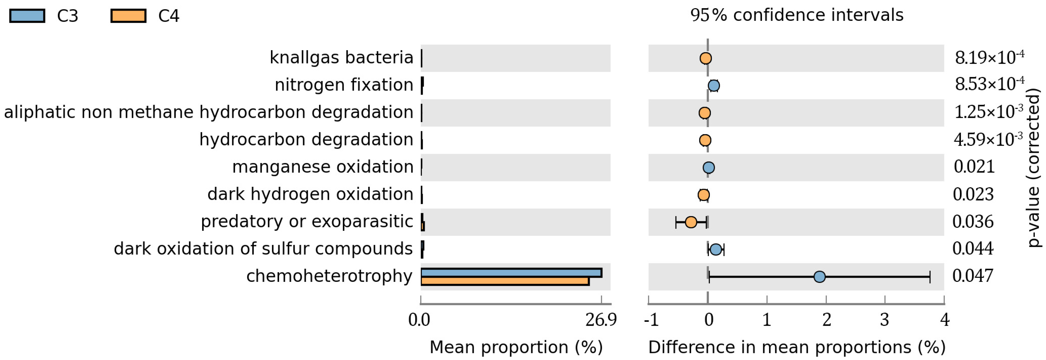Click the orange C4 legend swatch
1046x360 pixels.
(x=128, y=16)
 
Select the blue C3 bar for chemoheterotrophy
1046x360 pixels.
(x=511, y=273)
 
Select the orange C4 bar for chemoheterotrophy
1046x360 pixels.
(x=505, y=281)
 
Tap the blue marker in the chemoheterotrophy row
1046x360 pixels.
(x=819, y=277)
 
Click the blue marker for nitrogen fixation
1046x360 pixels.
(x=714, y=86)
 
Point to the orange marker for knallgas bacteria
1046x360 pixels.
(x=705, y=59)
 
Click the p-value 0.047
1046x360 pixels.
(x=973, y=276)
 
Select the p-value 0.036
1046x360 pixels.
(x=973, y=222)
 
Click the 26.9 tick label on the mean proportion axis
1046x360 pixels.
(x=601, y=320)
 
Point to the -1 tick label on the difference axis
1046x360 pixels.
(x=651, y=320)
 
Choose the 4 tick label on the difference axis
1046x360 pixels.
(x=945, y=320)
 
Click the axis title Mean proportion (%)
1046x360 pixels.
(x=516, y=347)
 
